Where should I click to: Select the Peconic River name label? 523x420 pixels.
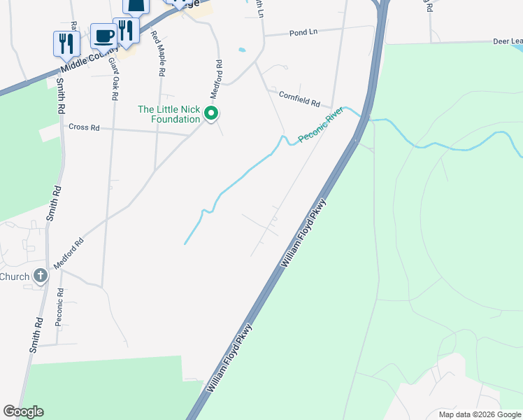point(321,125)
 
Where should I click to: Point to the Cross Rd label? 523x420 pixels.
point(83,127)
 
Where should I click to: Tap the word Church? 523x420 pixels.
point(15,276)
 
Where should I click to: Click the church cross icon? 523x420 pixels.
point(41,276)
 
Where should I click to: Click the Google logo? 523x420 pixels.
point(23,412)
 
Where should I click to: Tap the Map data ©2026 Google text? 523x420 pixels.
point(480,414)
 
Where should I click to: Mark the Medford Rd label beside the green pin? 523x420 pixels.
point(218,79)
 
